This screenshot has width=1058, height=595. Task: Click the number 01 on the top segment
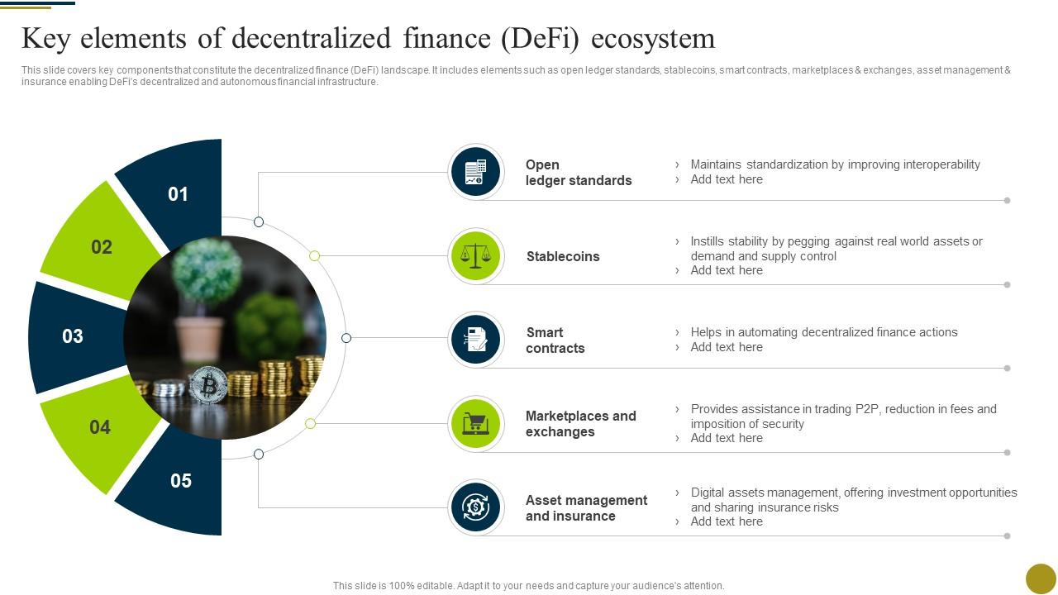179,194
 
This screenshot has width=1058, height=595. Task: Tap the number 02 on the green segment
102,247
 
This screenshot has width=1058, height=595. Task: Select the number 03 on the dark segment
73,336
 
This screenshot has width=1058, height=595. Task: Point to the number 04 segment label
100,427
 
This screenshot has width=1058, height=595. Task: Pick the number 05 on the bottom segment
181,481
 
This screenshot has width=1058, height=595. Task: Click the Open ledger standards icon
476,172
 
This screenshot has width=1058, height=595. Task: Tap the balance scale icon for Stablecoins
476,256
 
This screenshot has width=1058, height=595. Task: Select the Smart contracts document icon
476,340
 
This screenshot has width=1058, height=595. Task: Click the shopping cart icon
476,424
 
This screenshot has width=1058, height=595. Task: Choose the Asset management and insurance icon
476,507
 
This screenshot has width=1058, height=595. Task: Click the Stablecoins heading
563,257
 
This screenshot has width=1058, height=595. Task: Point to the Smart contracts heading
555,340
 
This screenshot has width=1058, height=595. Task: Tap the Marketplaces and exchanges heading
580,424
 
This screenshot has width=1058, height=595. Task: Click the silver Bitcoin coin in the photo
208,385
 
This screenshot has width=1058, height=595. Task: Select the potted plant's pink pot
199,338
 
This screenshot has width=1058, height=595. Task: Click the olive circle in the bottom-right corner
1041,578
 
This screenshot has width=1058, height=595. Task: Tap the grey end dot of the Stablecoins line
1007,285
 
